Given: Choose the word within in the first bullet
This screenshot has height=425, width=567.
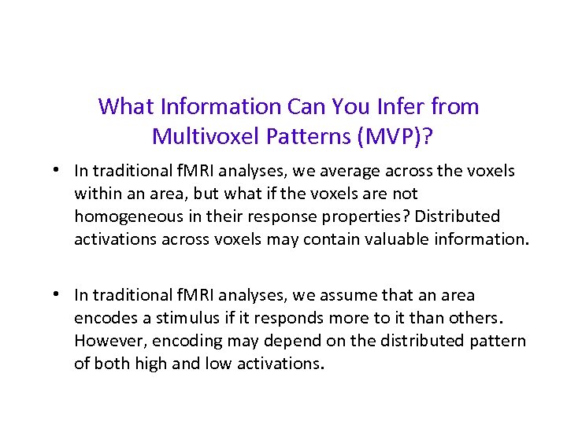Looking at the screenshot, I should pyautogui.click(x=96, y=193).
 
